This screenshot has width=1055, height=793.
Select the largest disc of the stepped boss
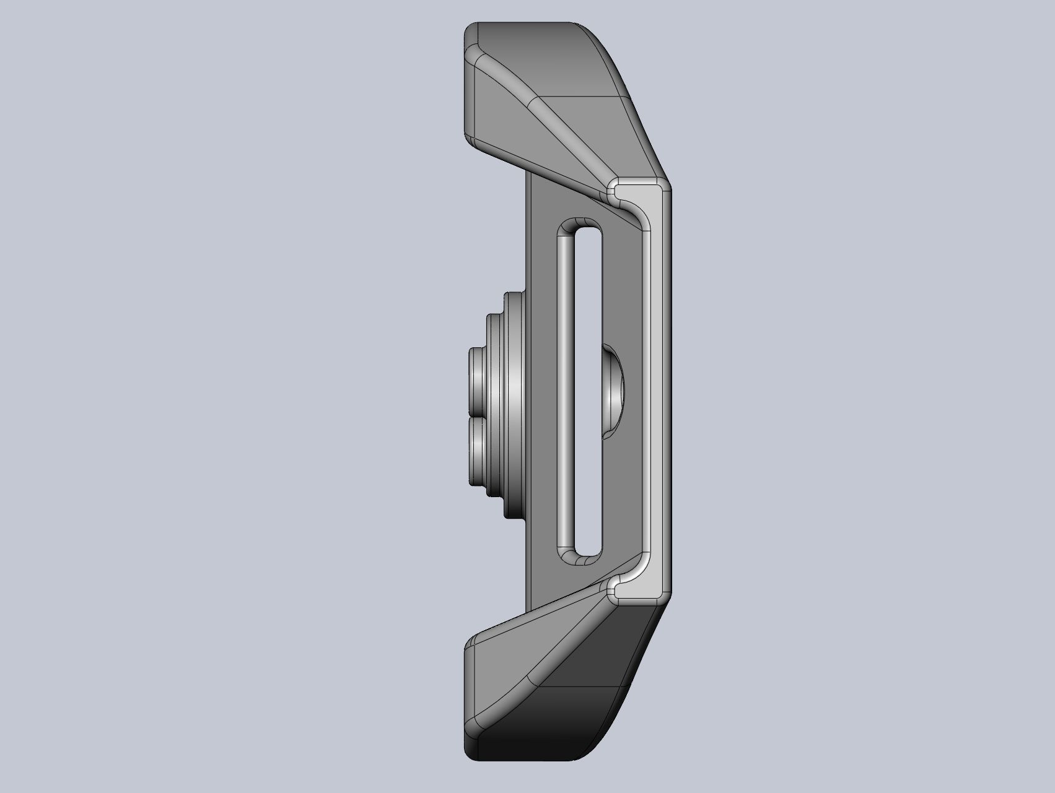coord(515,405)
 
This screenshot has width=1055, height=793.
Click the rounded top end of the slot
coord(579,227)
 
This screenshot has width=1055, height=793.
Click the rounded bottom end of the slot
coord(579,557)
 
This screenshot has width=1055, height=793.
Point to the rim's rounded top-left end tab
coord(615,188)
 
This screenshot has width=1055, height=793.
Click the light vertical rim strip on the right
coord(660,390)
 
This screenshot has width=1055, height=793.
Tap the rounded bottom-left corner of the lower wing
coord(472,752)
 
